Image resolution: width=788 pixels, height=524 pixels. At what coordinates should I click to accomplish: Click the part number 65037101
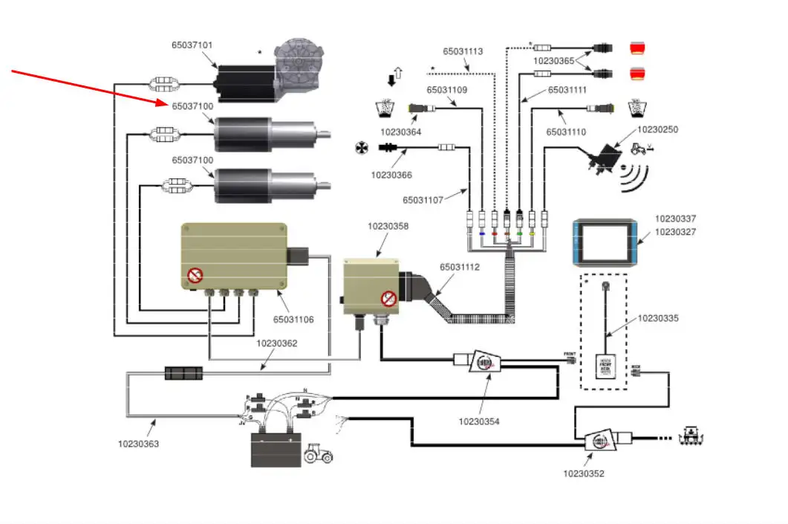point(192,45)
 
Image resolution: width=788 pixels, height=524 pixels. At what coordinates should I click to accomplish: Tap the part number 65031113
point(463,52)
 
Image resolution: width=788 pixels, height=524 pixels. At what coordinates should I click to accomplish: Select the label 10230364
point(400,132)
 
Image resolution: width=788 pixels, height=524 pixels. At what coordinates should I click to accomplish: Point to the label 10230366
point(391,175)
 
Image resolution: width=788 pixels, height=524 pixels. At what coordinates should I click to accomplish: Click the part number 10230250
point(657,130)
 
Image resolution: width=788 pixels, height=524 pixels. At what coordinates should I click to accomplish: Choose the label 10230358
point(388,226)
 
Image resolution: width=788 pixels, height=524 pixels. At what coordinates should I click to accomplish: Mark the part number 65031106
point(293,320)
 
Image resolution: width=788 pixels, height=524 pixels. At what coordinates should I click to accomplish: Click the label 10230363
point(138,444)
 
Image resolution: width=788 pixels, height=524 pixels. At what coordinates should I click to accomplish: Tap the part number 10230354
point(479,421)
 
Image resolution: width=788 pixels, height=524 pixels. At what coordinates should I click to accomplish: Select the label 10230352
point(583,473)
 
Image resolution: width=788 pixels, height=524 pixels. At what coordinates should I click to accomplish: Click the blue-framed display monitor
point(605,242)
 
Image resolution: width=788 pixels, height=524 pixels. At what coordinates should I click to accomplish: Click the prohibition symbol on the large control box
point(195,276)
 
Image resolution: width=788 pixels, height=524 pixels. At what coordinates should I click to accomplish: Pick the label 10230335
point(658,318)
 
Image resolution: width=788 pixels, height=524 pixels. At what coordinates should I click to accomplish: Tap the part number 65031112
point(460,267)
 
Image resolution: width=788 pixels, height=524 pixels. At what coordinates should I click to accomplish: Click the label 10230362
point(276,343)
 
